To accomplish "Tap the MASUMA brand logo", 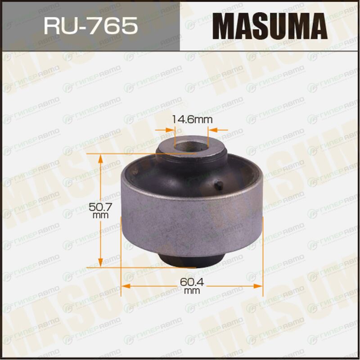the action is (x=270, y=26).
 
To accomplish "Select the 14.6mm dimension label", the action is (x=192, y=119).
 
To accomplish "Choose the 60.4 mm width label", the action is (x=192, y=286).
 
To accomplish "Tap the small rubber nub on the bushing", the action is (x=219, y=185).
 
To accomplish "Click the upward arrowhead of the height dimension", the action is (x=100, y=159).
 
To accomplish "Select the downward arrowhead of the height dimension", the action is (x=100, y=262).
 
